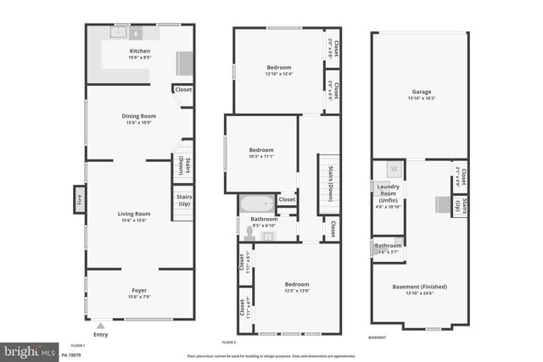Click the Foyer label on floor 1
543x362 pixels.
pyautogui.click(x=138, y=290)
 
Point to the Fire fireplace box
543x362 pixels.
pyautogui.click(x=80, y=201)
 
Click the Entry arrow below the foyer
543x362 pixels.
pyautogui.click(x=102, y=325)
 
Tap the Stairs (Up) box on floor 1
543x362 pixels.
pyautogui.click(x=184, y=200)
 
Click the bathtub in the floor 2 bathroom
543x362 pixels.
pyautogui.click(x=256, y=203)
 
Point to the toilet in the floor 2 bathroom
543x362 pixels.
pyautogui.click(x=249, y=235)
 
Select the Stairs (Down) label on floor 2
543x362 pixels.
pyautogui.click(x=328, y=180)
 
